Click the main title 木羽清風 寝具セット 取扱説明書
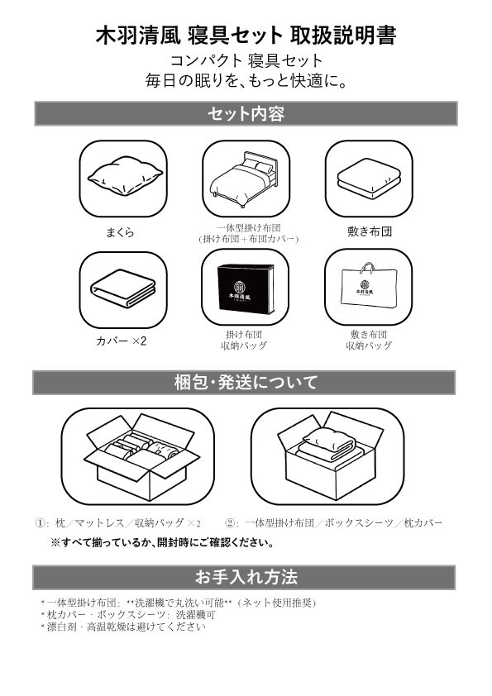pyautogui.click(x=246, y=36)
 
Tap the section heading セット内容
pyautogui.click(x=246, y=114)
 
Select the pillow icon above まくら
pyautogui.click(x=125, y=179)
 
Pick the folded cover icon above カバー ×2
pyautogui.click(x=123, y=288)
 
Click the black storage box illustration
pyautogui.click(x=246, y=288)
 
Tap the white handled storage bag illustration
pyautogui.click(x=368, y=286)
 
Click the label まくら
pyautogui.click(x=120, y=232)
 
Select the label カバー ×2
pyautogui.click(x=122, y=341)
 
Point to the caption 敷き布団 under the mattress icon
pyautogui.click(x=370, y=231)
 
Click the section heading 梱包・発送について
pyautogui.click(x=246, y=382)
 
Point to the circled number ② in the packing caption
pyautogui.click(x=229, y=523)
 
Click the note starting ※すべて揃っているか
pyautogui.click(x=162, y=542)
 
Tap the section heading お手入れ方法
pyautogui.click(x=246, y=577)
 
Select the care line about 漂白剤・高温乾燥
pyautogui.click(x=123, y=627)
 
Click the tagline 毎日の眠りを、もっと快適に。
pyautogui.click(x=246, y=81)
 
